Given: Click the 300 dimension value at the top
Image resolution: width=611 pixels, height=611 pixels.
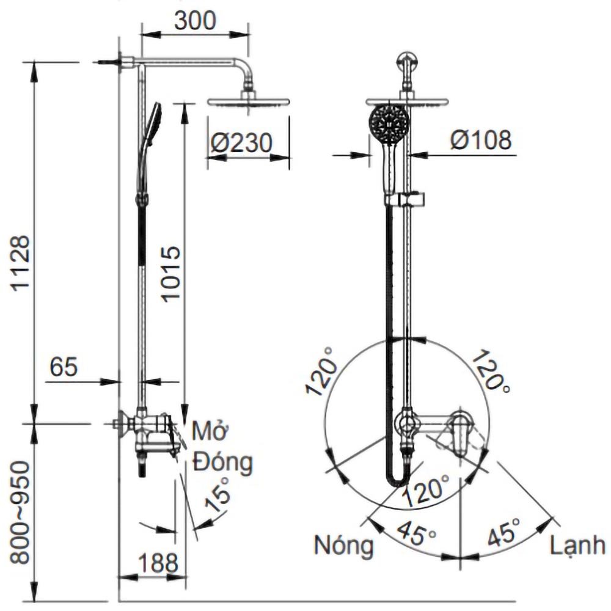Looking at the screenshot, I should [195, 21].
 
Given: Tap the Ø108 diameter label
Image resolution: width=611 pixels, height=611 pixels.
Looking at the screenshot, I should [481, 140].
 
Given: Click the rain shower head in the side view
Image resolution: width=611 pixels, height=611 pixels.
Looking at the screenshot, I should [248, 103].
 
